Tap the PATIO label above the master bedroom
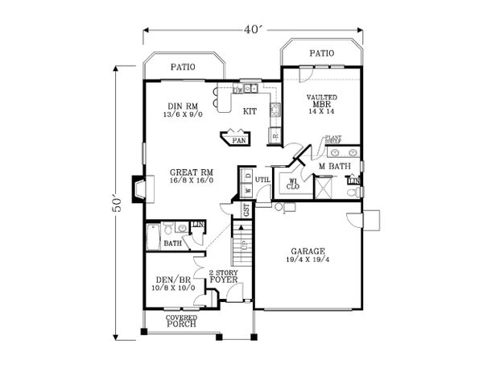click(321, 53)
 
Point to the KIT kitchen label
click(250, 112)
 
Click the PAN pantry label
click(237, 139)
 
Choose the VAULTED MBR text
click(321, 102)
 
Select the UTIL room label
click(262, 180)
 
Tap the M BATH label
click(332, 167)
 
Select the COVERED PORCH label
click(181, 321)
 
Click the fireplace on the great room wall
click(140, 189)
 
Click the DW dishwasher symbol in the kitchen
click(238, 90)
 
